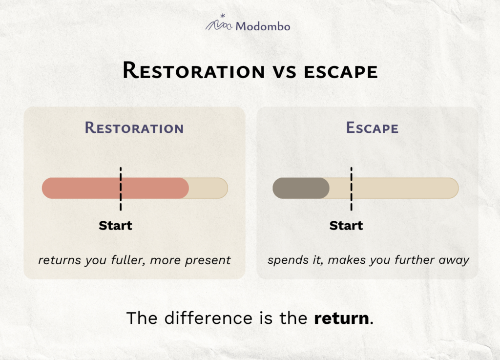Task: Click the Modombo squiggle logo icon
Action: [x=219, y=23]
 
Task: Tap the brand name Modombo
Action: [x=263, y=26]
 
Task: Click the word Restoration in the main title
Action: [x=194, y=70]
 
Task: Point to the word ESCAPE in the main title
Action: [x=341, y=72]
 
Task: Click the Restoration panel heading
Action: [x=134, y=128]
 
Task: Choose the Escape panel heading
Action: [x=372, y=128]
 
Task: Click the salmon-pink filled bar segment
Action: [x=115, y=188]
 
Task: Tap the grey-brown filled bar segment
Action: [x=301, y=188]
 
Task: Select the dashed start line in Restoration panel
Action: [x=121, y=189]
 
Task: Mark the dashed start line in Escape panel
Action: [x=352, y=189]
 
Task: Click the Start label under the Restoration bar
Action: [x=115, y=226]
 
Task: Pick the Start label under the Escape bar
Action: [x=346, y=226]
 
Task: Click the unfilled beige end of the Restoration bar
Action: [x=208, y=188]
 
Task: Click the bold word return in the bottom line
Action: [x=341, y=318]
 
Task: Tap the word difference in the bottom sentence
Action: [x=208, y=318]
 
